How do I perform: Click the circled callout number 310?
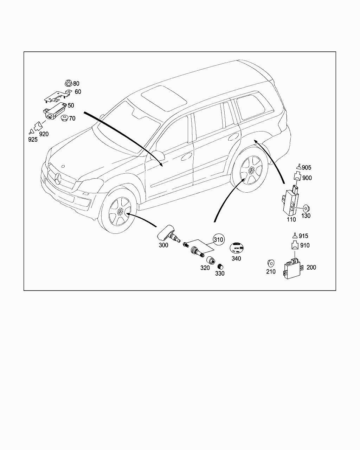(x=218, y=240)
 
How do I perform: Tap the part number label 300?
(x=163, y=245)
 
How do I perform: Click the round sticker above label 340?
(x=237, y=248)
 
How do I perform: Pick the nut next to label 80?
(x=68, y=84)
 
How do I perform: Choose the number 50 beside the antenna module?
(x=71, y=105)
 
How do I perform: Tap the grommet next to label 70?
(x=64, y=118)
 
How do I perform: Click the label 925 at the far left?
(x=33, y=140)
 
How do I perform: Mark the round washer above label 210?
(x=271, y=263)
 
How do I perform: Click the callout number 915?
(x=303, y=236)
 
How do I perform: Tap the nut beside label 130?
(x=305, y=207)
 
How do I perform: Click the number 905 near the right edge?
(x=306, y=168)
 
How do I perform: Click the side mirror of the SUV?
(x=157, y=156)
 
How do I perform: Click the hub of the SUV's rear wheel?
(x=252, y=170)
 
